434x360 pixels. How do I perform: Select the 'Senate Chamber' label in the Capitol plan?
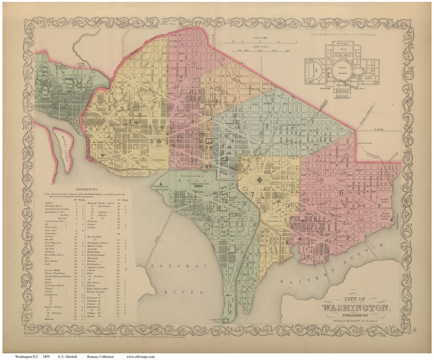click(x=369, y=70)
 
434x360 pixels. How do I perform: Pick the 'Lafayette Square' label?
click(x=159, y=131)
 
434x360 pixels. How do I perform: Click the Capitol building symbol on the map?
click(x=260, y=181)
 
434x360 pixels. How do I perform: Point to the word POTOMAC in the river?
click(x=179, y=267)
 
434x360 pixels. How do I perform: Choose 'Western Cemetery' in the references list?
click(x=97, y=291)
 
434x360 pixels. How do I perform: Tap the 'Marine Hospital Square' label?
click(x=386, y=216)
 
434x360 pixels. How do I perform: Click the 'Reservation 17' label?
click(x=274, y=221)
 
